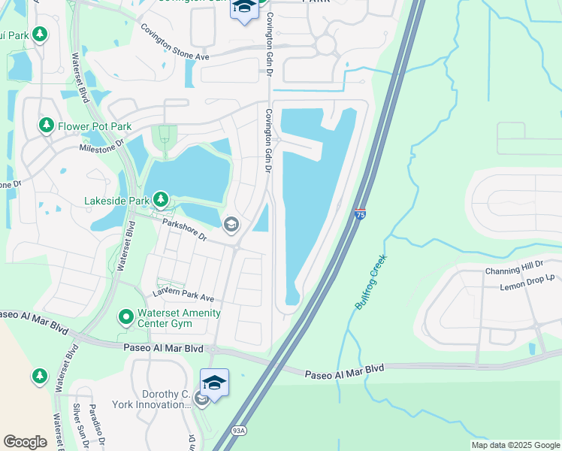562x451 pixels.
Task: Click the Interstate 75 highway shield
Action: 360,215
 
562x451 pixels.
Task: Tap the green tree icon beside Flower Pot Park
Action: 47,125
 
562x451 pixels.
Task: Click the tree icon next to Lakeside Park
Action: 160,200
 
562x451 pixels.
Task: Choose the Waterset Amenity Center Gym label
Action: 179,319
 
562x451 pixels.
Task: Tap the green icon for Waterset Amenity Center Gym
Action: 125,318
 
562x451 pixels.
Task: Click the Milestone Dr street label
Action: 101,149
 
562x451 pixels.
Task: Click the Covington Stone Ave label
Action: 175,44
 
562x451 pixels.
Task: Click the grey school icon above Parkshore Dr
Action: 231,223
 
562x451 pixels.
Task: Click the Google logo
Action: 25,442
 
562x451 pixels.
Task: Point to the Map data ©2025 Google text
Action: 515,445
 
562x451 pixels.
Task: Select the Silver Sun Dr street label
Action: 80,425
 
